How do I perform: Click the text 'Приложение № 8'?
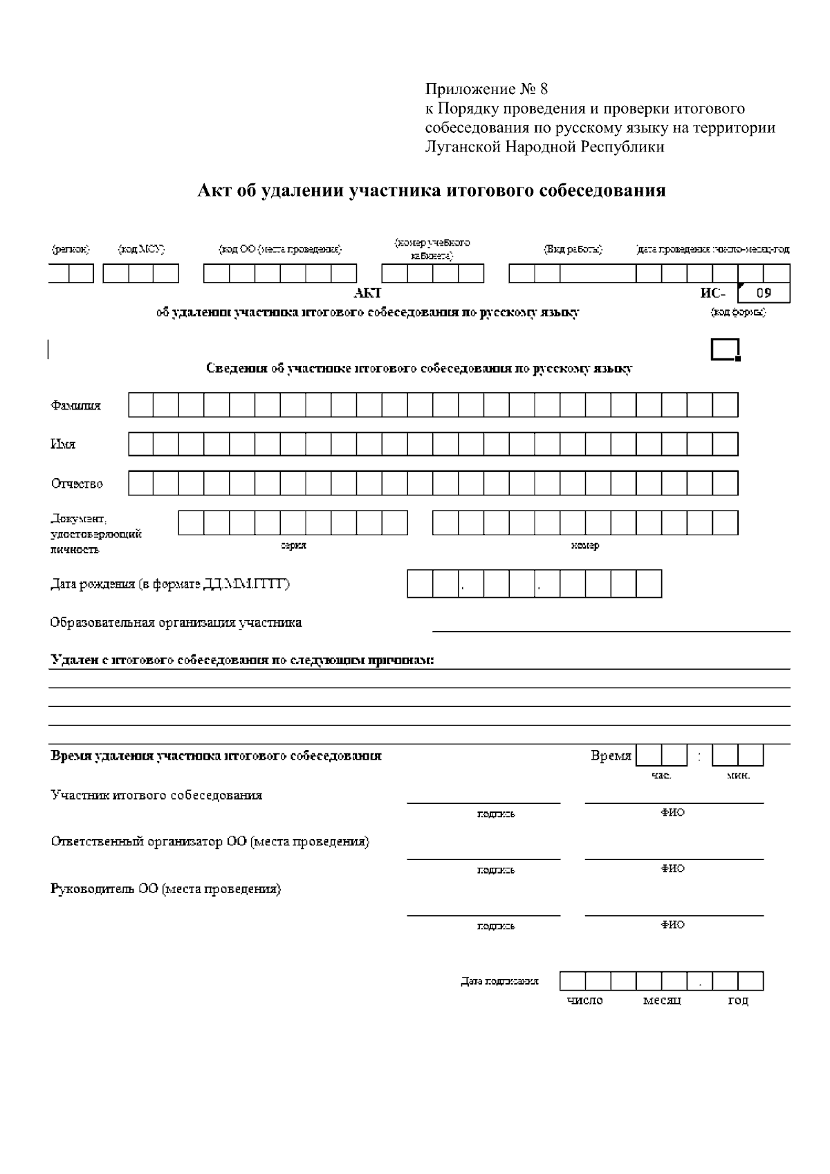click(x=486, y=89)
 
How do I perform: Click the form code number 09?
click(x=763, y=293)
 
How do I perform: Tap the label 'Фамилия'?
click(x=75, y=405)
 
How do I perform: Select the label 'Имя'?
click(x=62, y=444)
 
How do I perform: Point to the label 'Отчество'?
click(x=77, y=484)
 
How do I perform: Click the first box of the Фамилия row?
click(x=140, y=405)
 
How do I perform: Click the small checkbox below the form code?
click(x=725, y=350)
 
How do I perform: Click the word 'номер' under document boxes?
click(x=585, y=546)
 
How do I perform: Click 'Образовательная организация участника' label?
click(x=176, y=623)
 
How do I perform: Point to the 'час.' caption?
click(x=661, y=776)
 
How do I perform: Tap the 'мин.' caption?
click(x=738, y=776)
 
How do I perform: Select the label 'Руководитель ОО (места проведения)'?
click(x=166, y=889)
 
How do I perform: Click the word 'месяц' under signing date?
click(x=662, y=1001)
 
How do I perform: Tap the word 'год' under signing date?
click(x=738, y=1001)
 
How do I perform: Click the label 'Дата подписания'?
click(x=499, y=981)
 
